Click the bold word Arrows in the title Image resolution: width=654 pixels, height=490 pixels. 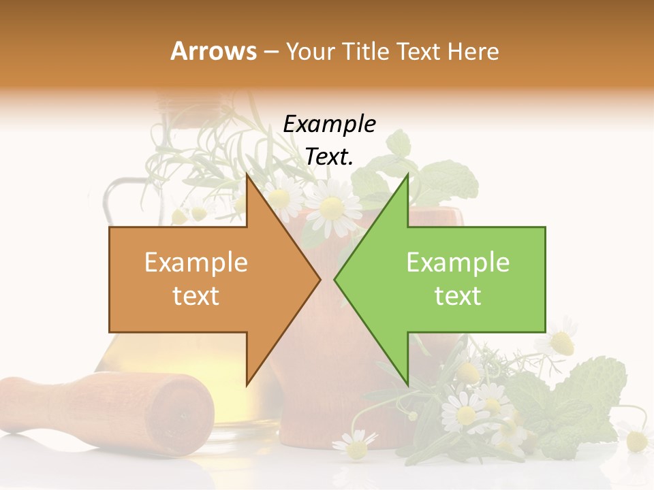[214, 51]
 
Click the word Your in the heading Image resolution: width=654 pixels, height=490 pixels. [310, 52]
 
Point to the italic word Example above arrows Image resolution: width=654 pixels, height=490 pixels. [329, 125]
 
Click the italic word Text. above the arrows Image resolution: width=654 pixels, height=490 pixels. [329, 157]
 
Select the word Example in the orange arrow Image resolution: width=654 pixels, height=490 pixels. [196, 263]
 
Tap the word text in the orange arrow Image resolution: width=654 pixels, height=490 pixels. [196, 296]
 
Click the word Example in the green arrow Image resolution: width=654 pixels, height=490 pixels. [458, 263]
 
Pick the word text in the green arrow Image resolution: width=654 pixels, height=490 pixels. [458, 296]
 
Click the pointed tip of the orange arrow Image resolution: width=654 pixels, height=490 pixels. [319, 279]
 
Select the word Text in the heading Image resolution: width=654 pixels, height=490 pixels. [417, 51]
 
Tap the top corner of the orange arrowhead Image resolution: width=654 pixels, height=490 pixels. [247, 174]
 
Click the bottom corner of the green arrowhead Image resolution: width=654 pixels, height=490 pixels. [407, 385]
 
